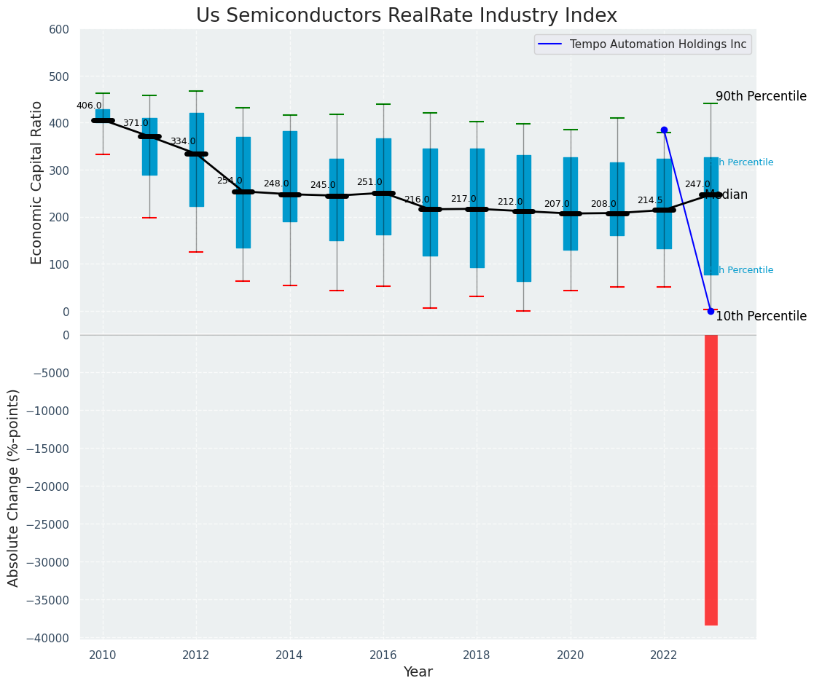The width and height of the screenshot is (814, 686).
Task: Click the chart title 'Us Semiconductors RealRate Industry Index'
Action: pos(406,16)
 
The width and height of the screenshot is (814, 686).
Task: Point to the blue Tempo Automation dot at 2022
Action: pos(664,130)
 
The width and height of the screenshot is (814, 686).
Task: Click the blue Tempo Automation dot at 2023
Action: pos(711,311)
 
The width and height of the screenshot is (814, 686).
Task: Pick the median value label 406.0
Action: pos(89,106)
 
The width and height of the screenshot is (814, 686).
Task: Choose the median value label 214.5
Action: pos(650,200)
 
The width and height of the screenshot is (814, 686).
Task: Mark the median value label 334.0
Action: pos(183,141)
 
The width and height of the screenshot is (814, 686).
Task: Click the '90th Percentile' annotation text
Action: pos(761,96)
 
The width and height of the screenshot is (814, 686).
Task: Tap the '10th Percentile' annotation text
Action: pos(761,316)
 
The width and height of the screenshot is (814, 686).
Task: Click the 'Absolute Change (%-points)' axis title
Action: pos(14,487)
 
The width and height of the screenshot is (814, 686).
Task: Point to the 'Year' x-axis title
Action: pos(418,672)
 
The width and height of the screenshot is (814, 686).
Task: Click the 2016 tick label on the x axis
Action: pos(383,655)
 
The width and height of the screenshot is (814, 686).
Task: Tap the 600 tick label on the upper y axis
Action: pos(59,29)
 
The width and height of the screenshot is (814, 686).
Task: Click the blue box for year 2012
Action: pos(196,159)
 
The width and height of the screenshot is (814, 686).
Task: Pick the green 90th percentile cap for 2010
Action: pos(103,93)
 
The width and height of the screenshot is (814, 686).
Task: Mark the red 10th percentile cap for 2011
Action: pos(149,218)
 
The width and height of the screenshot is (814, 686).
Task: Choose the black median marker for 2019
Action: pos(524,211)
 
